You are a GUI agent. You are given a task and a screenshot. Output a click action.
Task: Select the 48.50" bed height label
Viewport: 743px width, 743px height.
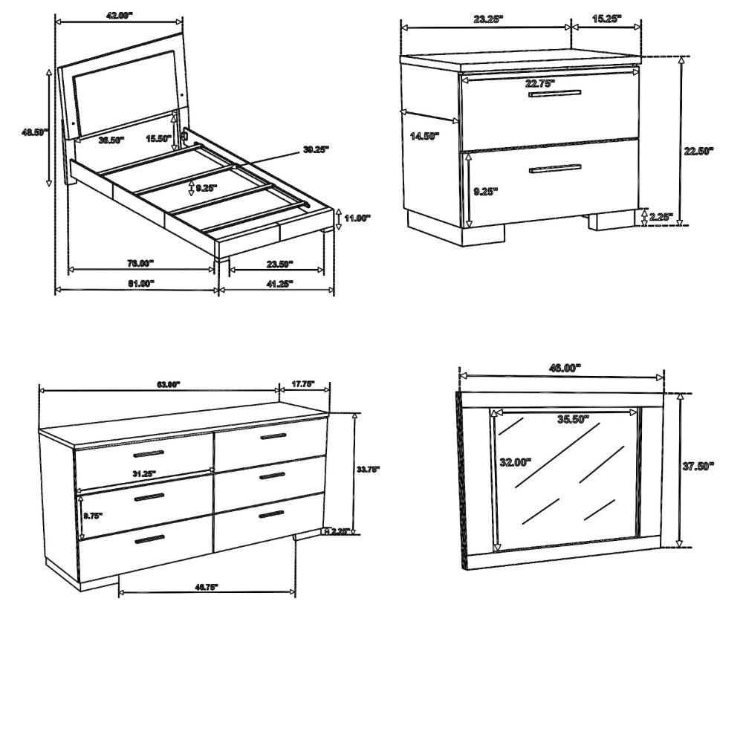[x=34, y=132]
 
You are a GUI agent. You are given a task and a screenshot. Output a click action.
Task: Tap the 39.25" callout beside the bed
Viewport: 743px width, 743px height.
[x=316, y=149]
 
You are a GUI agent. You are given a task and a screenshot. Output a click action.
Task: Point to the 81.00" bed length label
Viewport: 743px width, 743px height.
[x=140, y=283]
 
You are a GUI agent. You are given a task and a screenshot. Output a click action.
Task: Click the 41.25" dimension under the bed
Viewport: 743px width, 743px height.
[x=279, y=283]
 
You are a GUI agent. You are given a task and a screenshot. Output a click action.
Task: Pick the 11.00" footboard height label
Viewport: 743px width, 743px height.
[x=357, y=218]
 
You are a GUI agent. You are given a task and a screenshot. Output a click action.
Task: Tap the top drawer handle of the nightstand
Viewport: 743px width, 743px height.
[x=554, y=93]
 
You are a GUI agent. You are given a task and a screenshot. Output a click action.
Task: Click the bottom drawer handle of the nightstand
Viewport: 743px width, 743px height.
[x=555, y=169]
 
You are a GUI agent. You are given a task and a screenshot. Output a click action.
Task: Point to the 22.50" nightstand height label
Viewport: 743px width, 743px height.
[x=698, y=150]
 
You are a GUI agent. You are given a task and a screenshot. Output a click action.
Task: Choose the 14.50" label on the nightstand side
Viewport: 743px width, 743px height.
[x=424, y=136]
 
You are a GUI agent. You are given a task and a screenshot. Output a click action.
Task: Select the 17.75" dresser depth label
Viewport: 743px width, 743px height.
[x=302, y=384]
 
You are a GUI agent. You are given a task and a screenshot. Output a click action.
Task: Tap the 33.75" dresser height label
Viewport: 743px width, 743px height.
[x=368, y=469]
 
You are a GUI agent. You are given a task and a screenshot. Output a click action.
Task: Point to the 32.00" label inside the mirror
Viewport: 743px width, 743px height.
[x=516, y=461]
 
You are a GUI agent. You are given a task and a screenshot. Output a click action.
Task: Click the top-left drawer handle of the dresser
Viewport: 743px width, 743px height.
[x=149, y=453]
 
